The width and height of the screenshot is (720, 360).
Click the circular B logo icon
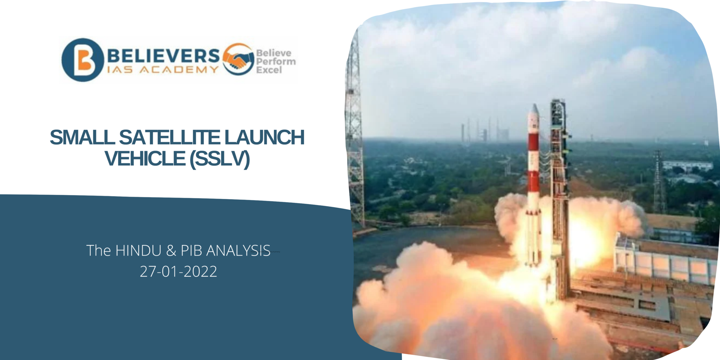coord(83,60)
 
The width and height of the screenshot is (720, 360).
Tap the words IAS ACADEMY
coord(163,70)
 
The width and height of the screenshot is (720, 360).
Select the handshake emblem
coord(238,59)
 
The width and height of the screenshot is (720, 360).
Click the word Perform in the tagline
coord(276,62)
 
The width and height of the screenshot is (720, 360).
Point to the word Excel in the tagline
coord(269,70)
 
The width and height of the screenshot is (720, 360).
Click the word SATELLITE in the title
coord(169,137)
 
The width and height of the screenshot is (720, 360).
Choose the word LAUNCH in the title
coord(264,137)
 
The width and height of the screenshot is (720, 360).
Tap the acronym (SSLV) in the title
coord(219,159)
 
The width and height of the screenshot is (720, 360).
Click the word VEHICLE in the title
coord(145,159)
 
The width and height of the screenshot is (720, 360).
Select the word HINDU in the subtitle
coord(138,251)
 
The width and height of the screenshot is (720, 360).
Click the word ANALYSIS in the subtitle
coord(238,251)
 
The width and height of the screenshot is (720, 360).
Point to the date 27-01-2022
coord(178,271)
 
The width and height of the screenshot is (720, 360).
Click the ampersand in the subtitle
coord(171,251)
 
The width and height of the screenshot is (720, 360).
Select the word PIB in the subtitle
coord(191,251)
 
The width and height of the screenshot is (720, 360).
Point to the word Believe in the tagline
coord(274,53)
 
